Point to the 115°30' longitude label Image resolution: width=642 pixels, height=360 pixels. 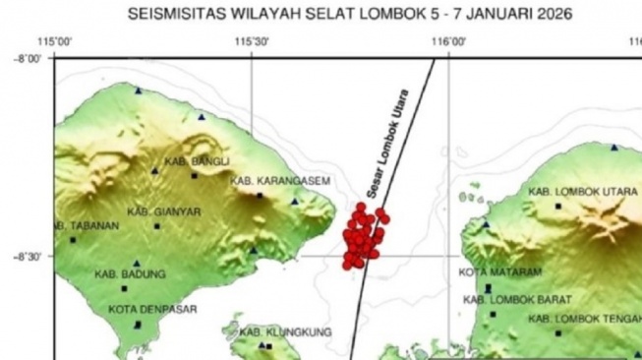pyautogui.click(x=252, y=42)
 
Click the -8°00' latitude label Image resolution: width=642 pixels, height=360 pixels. pyautogui.click(x=28, y=59)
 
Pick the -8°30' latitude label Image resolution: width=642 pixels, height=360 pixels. pyautogui.click(x=28, y=258)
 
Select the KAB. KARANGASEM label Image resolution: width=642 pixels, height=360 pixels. pyautogui.click(x=281, y=181)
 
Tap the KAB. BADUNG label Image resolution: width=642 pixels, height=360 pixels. pyautogui.click(x=131, y=274)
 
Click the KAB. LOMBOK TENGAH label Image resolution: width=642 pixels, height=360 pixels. pyautogui.click(x=584, y=320)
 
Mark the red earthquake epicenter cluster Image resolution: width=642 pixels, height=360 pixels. pyautogui.click(x=363, y=236)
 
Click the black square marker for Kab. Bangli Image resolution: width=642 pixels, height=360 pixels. pyautogui.click(x=194, y=176)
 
